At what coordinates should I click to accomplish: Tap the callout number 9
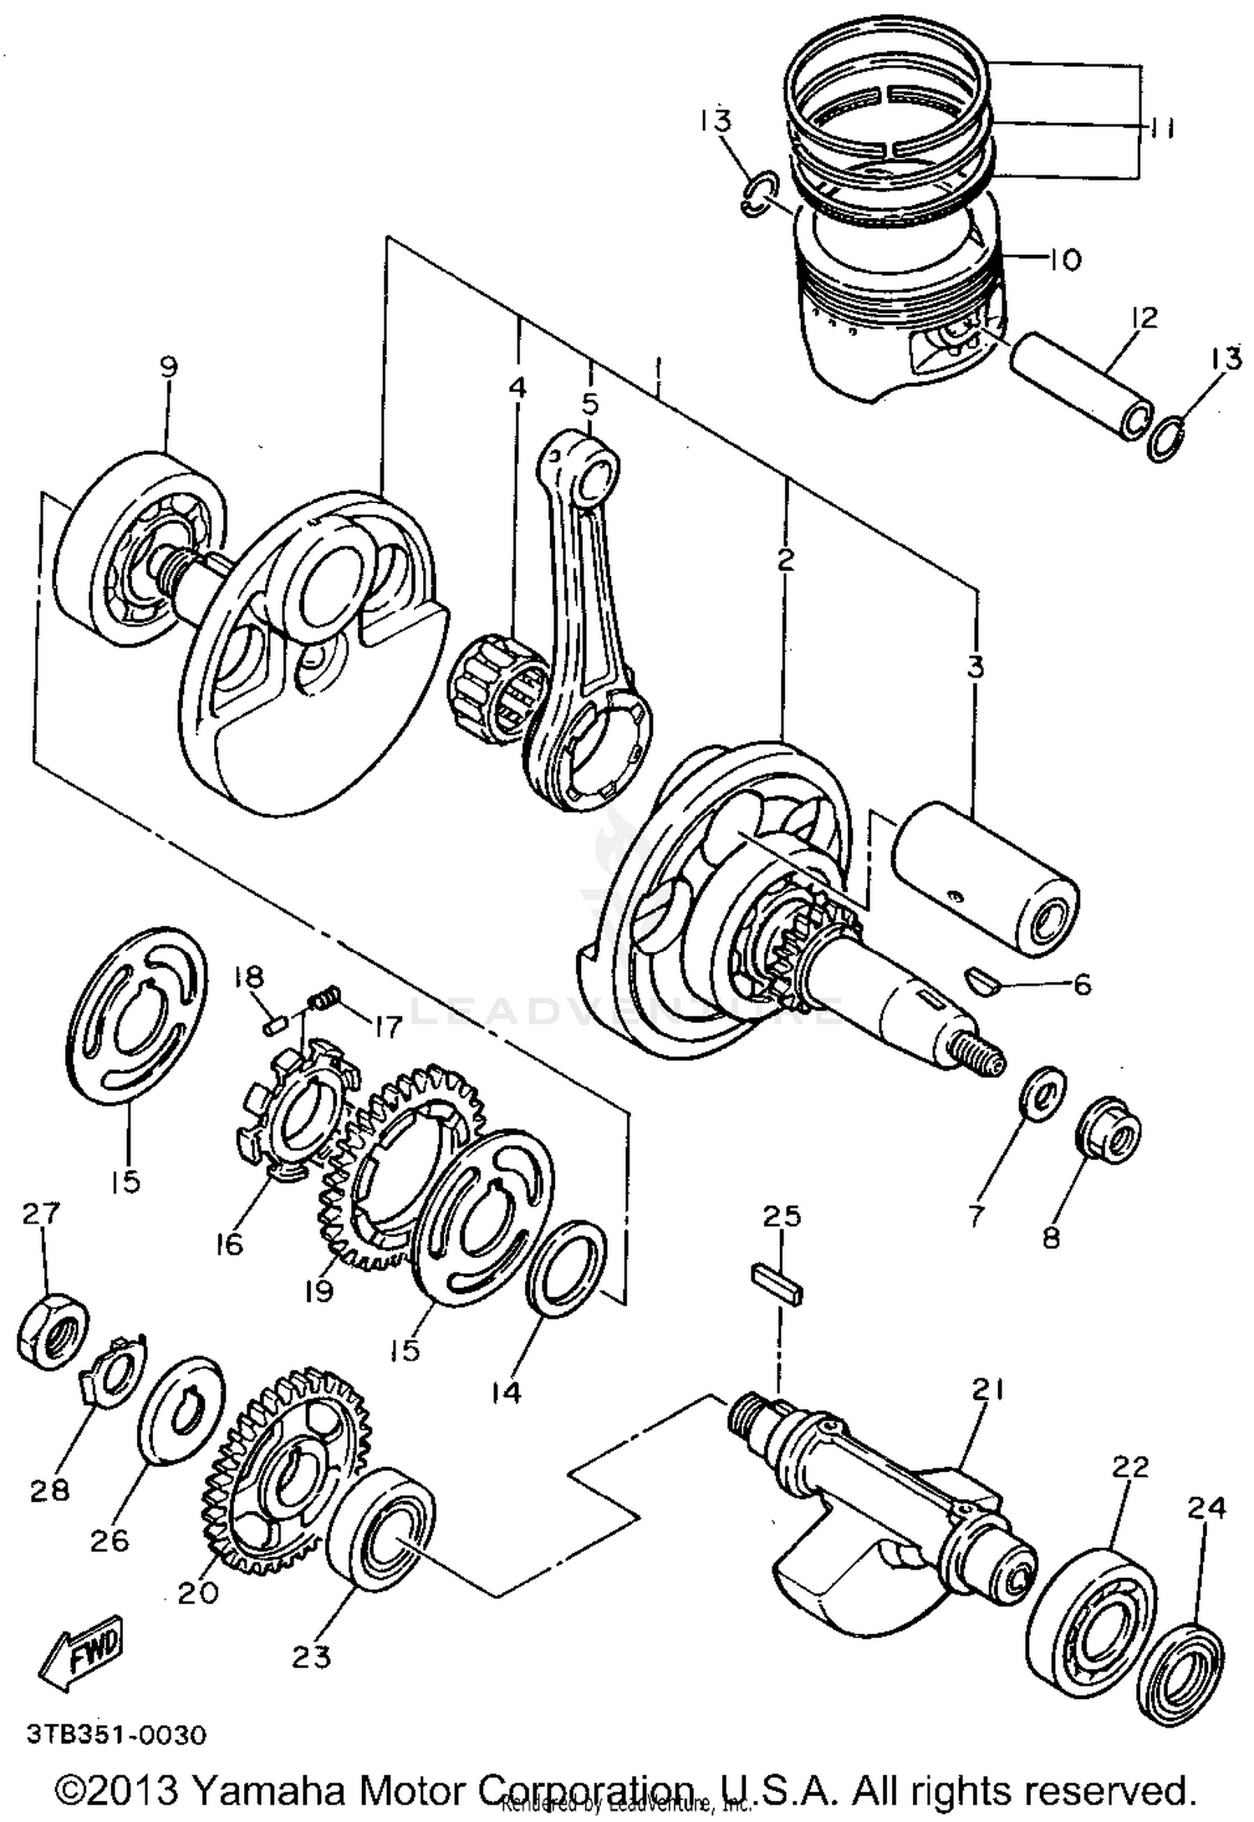click(169, 368)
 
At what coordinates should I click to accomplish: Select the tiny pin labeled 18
click(275, 1023)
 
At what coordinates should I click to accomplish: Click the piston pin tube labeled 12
click(1079, 386)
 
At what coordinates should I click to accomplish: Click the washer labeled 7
click(1042, 1093)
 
